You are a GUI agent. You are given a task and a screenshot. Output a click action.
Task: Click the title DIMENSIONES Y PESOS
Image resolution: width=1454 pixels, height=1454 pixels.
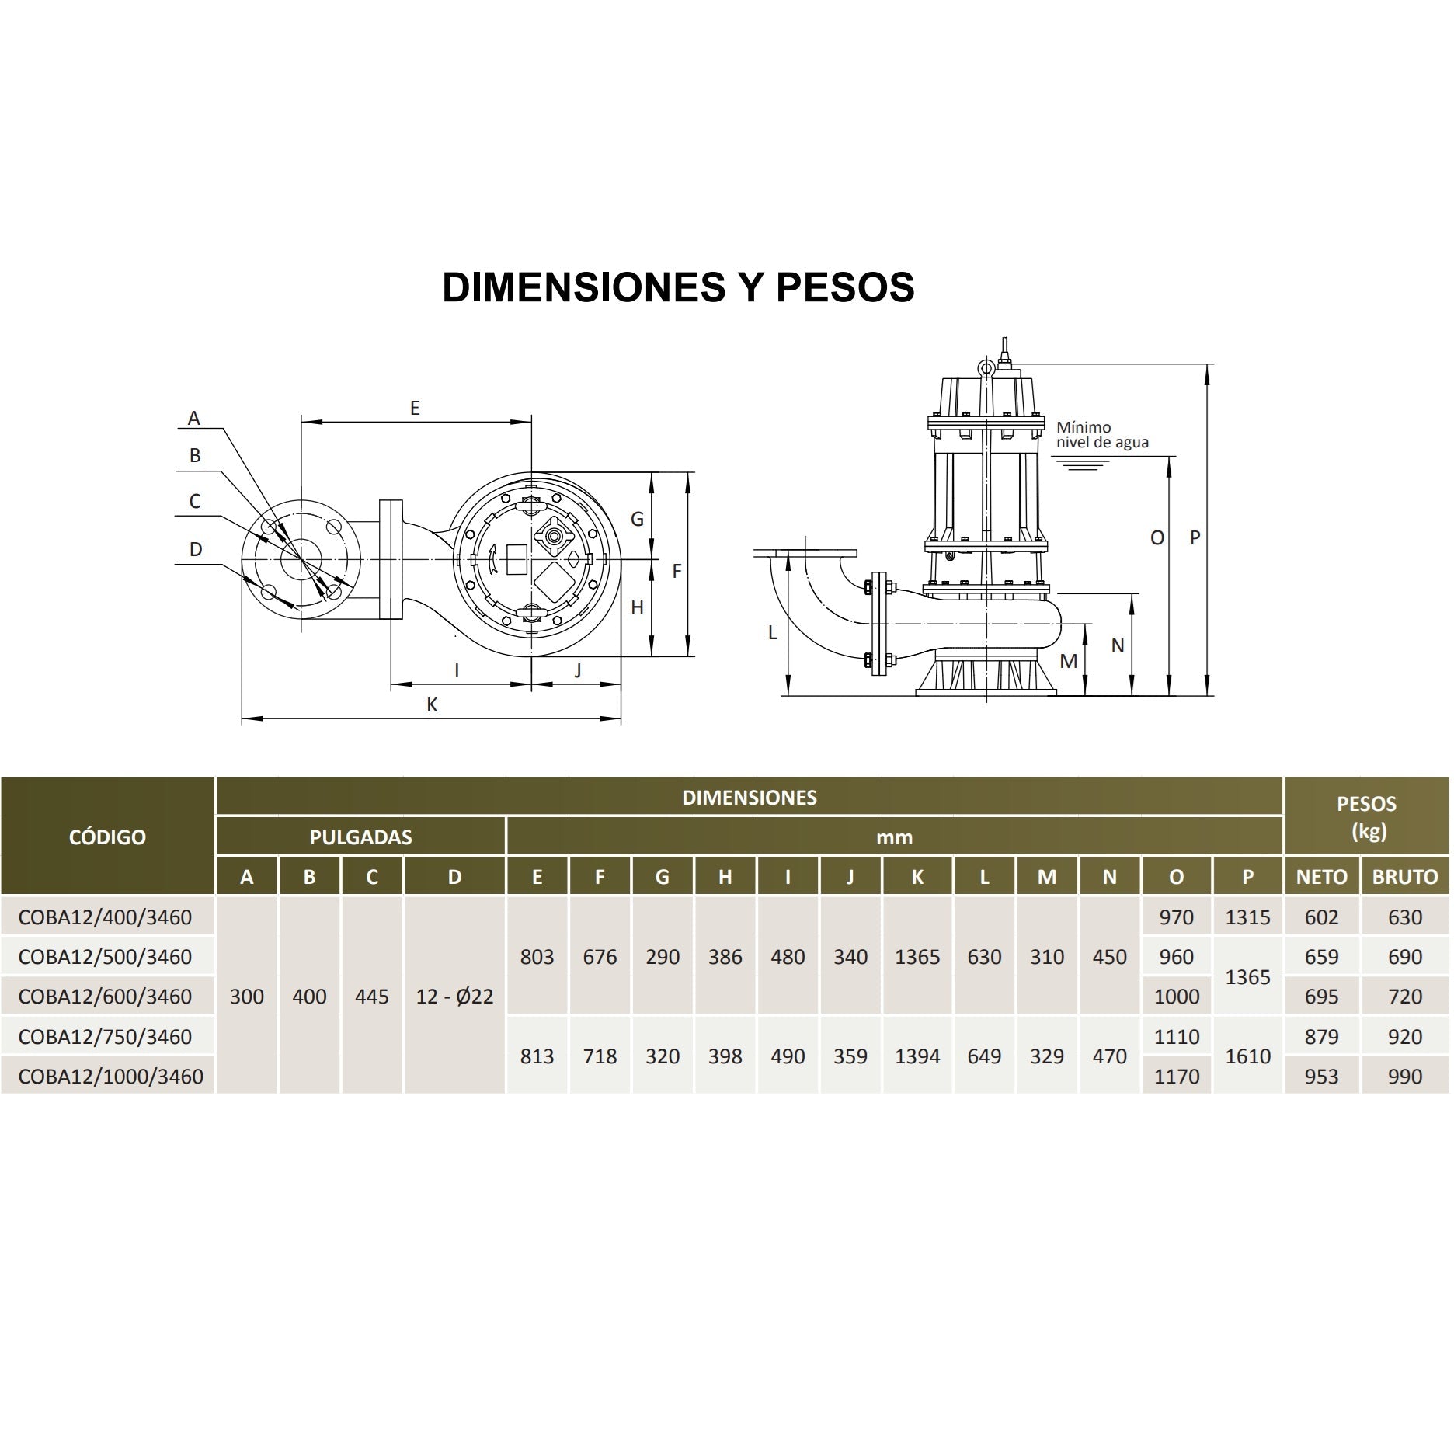[678, 287]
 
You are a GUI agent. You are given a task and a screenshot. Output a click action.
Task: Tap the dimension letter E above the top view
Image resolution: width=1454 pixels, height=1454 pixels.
[415, 408]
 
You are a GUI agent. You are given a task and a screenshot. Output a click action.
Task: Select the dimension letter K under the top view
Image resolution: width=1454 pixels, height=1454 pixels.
[433, 704]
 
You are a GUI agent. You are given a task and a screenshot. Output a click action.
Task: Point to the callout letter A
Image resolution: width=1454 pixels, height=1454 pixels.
[194, 419]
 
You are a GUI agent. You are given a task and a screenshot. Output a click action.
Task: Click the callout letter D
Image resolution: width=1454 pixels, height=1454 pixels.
[196, 549]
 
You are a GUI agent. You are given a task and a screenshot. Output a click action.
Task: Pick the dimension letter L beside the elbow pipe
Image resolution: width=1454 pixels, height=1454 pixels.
[772, 633]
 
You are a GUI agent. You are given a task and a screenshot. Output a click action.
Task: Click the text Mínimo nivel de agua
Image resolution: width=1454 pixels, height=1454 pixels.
[1101, 435]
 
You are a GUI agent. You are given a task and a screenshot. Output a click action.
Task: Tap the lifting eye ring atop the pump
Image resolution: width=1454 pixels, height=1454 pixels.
[986, 367]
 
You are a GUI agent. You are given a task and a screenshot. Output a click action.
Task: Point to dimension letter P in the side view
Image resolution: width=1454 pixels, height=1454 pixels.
[1195, 537]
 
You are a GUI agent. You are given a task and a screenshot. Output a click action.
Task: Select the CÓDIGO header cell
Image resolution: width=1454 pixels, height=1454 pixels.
[107, 837]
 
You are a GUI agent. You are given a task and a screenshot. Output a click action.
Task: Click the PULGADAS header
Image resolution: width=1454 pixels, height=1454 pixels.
[360, 837]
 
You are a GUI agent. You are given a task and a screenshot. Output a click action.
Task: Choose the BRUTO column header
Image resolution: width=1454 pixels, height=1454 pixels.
[1404, 877]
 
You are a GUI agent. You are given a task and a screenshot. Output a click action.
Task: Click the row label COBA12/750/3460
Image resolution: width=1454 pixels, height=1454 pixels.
[105, 1036]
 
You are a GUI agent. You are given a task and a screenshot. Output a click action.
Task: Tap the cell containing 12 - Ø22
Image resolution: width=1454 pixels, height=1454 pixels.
[454, 997]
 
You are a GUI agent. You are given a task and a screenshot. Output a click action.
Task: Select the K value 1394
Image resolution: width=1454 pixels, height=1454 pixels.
[917, 1056]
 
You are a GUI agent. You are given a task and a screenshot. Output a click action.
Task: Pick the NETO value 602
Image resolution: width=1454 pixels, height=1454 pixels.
[1321, 917]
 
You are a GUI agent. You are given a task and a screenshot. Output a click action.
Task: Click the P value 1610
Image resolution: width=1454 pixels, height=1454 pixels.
[1247, 1056]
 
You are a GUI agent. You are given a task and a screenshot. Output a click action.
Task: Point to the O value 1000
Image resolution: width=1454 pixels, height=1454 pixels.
[1176, 997]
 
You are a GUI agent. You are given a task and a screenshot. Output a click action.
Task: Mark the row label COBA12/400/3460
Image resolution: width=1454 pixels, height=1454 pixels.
[105, 917]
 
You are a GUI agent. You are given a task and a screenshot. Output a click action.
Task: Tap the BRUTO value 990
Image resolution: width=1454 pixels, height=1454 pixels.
[1404, 1077]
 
